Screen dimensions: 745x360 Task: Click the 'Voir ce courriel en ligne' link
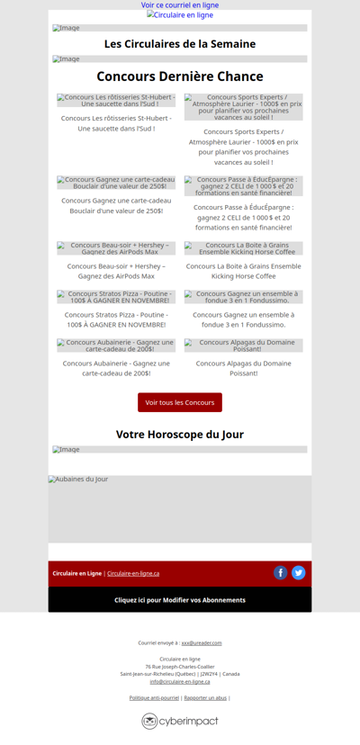click(x=180, y=5)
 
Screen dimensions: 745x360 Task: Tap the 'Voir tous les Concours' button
click(x=180, y=402)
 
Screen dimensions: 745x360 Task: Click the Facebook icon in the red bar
click(x=281, y=572)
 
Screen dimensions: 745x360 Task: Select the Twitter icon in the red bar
click(x=299, y=572)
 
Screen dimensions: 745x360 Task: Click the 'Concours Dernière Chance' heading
click(x=180, y=76)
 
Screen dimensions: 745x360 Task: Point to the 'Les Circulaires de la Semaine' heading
click(x=180, y=44)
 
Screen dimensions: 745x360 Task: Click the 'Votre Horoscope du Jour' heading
click(x=180, y=435)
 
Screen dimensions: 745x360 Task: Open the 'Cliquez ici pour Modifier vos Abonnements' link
click(x=180, y=600)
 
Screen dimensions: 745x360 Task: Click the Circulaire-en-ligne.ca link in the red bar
click(x=133, y=573)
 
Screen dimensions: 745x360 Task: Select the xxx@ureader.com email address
click(x=202, y=643)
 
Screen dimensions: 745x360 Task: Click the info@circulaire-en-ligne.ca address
click(x=180, y=681)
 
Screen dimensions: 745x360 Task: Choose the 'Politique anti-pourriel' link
click(x=154, y=697)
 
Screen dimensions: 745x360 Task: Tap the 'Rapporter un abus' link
click(x=205, y=697)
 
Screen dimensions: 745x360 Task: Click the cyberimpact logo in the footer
click(x=180, y=721)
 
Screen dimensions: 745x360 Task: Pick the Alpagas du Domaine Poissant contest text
click(x=244, y=368)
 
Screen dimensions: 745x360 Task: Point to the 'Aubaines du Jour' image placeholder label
click(x=78, y=480)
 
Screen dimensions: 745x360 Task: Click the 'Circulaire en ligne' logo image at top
click(x=180, y=15)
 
